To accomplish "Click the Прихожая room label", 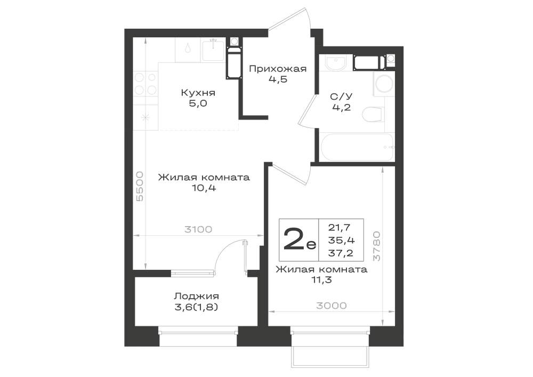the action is (x=277, y=69).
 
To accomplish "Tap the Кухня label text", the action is (x=198, y=92).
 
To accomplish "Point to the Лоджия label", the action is (x=197, y=296).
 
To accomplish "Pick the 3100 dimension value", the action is (x=198, y=229).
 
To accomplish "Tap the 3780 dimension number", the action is (x=377, y=246).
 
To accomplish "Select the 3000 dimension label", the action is (x=332, y=306).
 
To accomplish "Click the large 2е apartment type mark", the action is (x=299, y=239).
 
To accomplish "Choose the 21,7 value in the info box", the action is (x=340, y=227).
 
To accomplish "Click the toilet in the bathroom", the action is (x=373, y=115).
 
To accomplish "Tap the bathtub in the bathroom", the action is (x=357, y=147).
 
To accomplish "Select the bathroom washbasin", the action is (x=335, y=62).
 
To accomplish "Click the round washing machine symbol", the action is (x=384, y=84).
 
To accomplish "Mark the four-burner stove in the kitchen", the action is (x=145, y=84).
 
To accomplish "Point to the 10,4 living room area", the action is (x=204, y=188).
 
